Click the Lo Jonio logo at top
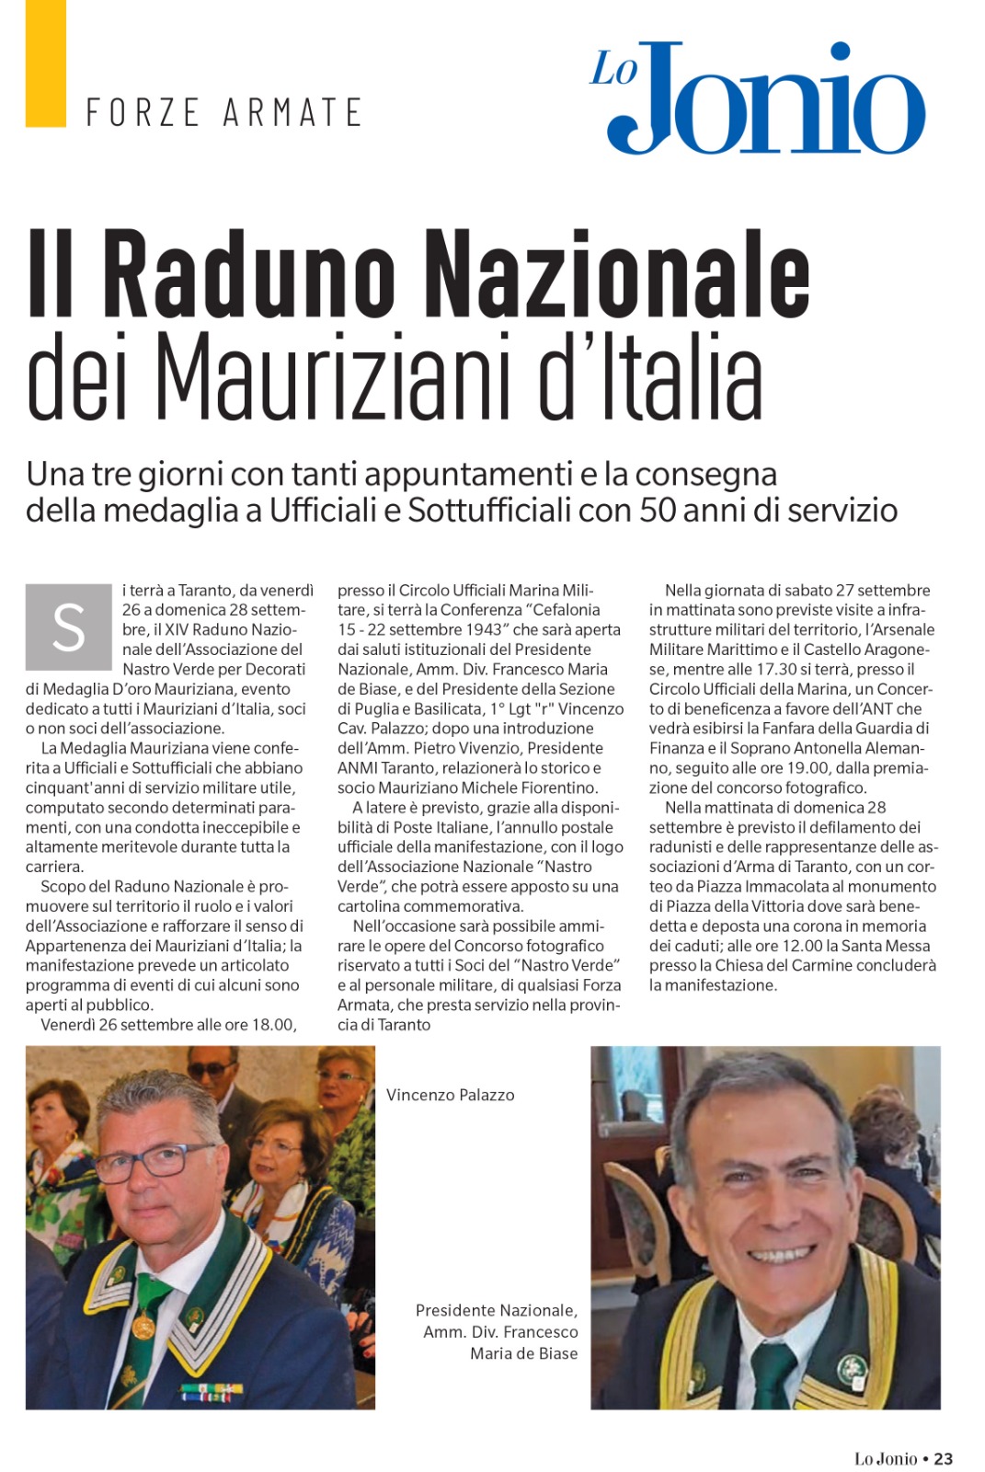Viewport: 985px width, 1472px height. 757,97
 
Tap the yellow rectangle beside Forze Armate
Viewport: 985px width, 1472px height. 45,63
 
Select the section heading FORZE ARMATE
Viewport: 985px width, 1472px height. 223,112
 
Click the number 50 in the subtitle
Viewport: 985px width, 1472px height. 658,509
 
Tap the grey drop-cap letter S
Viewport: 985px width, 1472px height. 68,627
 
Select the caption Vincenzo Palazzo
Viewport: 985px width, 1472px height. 450,1095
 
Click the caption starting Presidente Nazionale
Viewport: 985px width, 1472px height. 498,1331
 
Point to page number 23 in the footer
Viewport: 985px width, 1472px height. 943,1458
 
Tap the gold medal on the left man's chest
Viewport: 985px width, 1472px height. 143,1326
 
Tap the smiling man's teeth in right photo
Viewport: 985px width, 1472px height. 780,1253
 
